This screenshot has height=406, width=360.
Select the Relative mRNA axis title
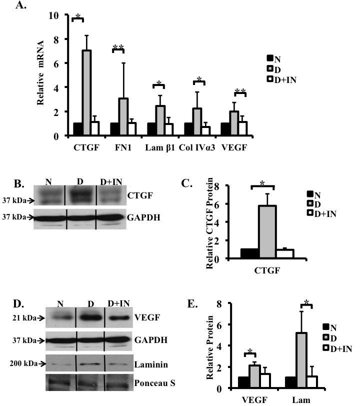tap(41, 75)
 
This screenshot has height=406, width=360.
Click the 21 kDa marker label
tap(23, 316)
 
